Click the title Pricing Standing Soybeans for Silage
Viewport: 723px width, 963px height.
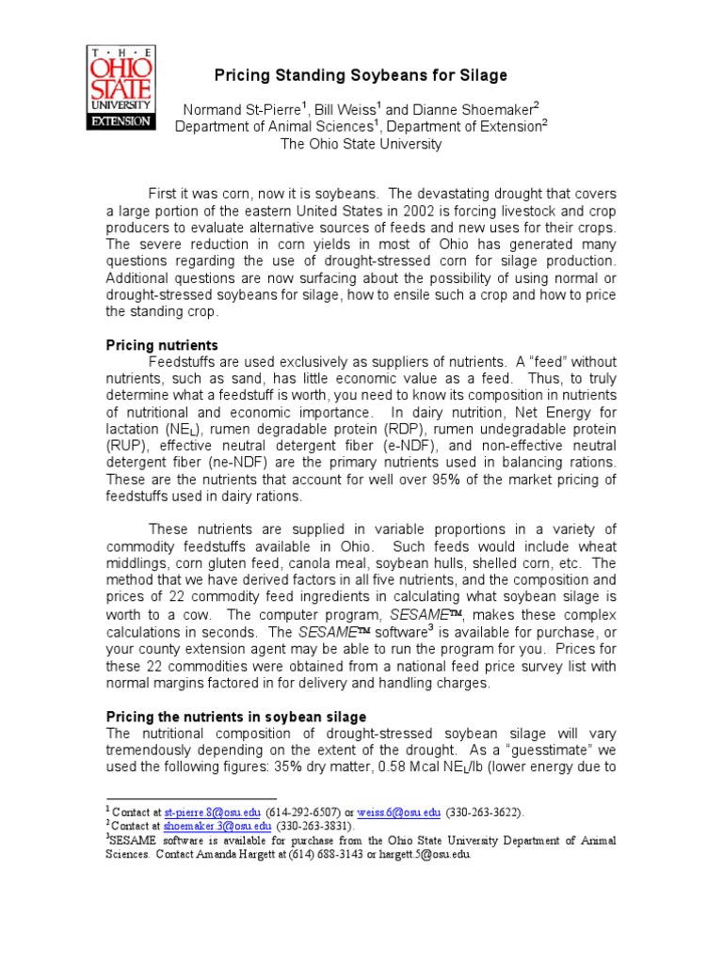click(357, 75)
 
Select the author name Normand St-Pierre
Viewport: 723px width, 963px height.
click(239, 109)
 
